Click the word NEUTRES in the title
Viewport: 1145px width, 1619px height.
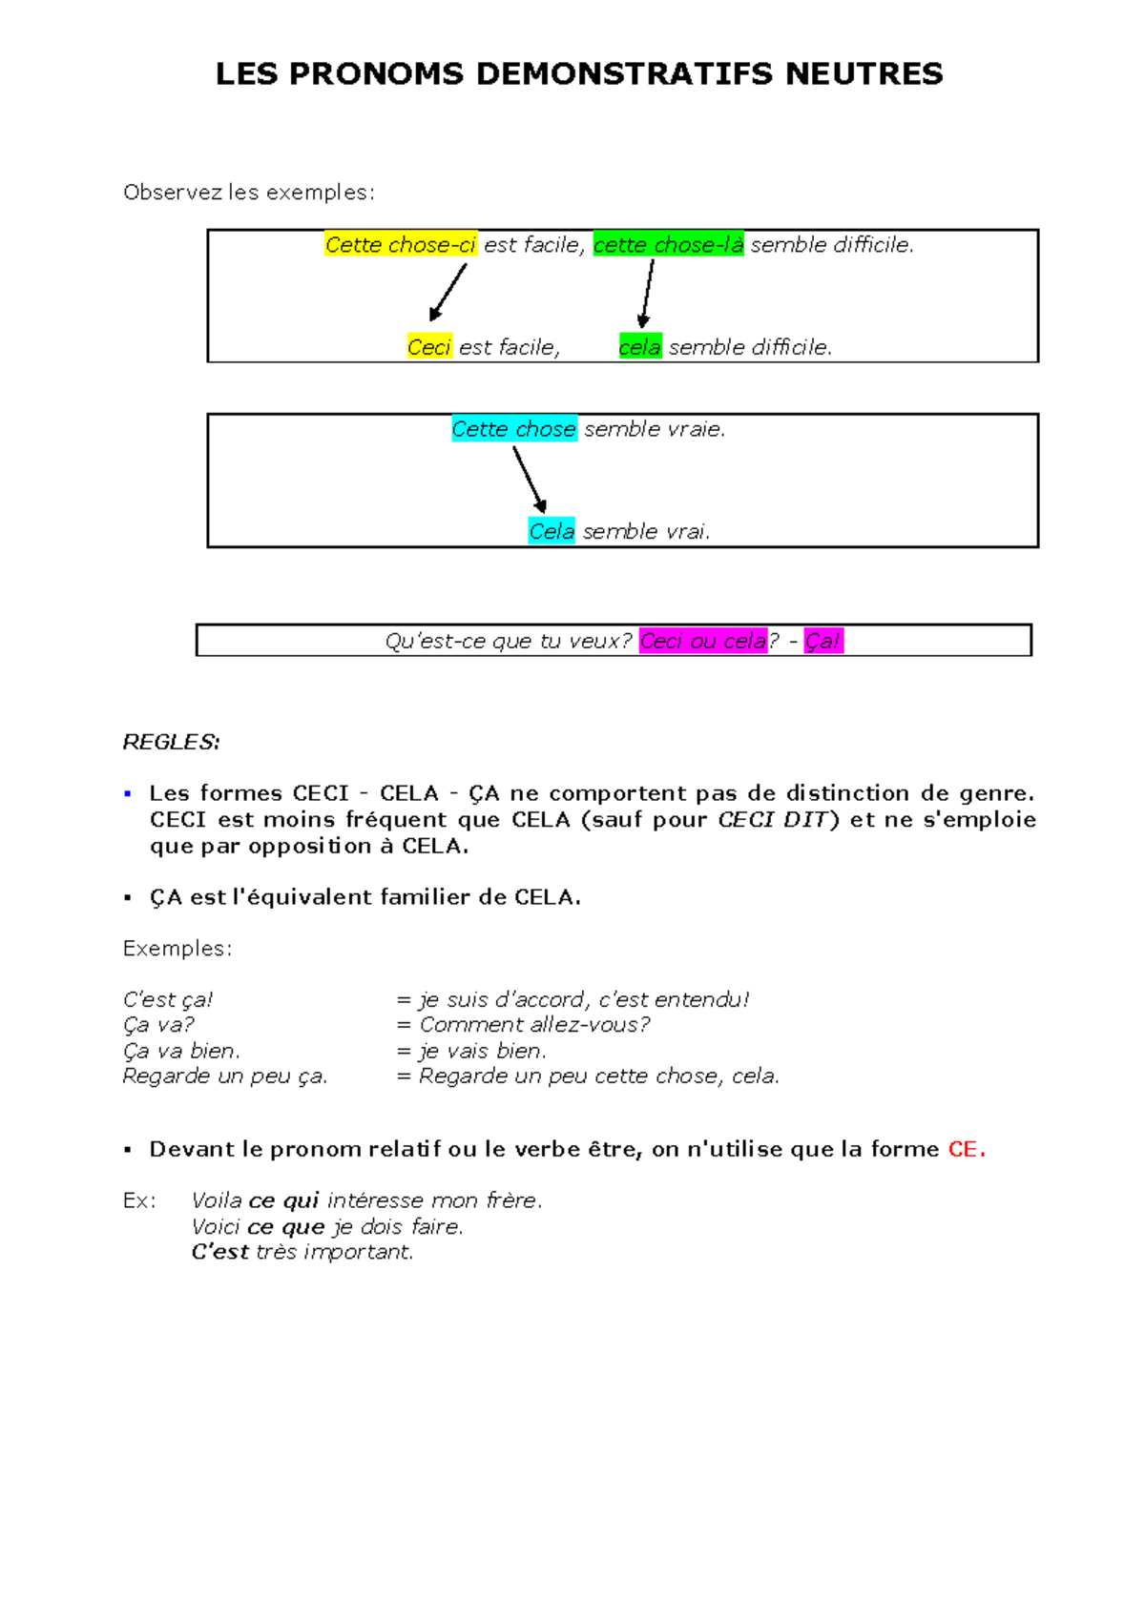864,73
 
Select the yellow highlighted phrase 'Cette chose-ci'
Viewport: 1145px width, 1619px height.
401,244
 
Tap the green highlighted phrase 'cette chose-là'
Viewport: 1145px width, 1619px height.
668,244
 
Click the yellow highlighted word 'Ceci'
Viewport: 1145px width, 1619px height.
428,347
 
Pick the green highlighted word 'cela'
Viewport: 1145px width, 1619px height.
640,347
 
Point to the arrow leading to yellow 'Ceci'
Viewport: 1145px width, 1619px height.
448,292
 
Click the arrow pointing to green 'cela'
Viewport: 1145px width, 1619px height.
648,293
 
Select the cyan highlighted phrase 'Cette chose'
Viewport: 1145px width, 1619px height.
513,429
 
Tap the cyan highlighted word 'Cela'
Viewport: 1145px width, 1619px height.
552,531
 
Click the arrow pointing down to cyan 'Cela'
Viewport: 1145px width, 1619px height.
530,480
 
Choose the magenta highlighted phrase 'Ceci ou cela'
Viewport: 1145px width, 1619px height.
703,641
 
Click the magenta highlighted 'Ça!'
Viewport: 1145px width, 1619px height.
822,641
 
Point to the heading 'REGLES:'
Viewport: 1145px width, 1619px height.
171,742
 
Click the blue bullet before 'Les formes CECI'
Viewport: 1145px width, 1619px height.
128,793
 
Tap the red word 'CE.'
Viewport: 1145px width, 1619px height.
967,1149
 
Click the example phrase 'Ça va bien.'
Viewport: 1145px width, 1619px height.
181,1051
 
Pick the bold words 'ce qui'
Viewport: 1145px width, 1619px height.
283,1200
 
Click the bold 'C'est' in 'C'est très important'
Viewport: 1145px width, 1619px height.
220,1252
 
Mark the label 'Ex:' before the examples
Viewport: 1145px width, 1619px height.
139,1200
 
